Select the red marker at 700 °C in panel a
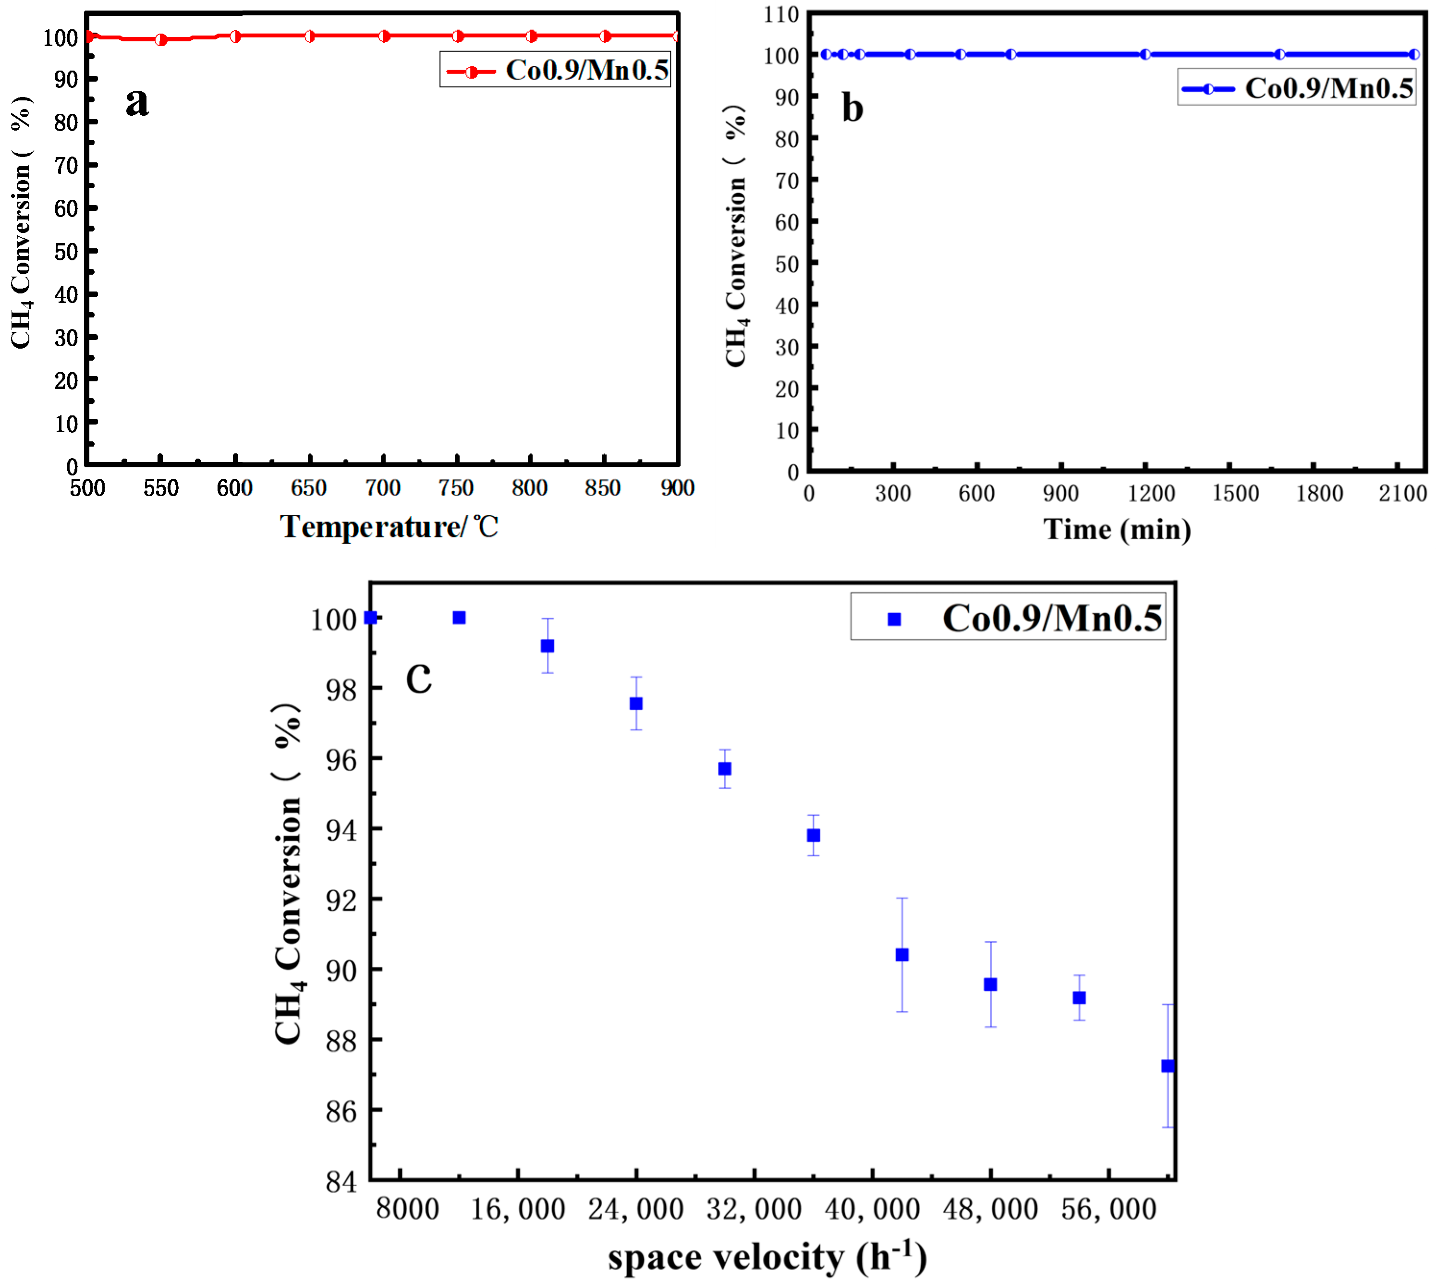[x=384, y=36]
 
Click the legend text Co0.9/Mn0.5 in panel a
[x=587, y=70]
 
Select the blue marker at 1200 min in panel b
[x=1145, y=54]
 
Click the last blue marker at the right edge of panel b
[x=1413, y=54]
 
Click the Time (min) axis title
[x=1117, y=529]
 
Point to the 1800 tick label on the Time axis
[x=1319, y=493]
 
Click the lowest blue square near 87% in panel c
[x=1168, y=1066]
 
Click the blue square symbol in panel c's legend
[x=894, y=619]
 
